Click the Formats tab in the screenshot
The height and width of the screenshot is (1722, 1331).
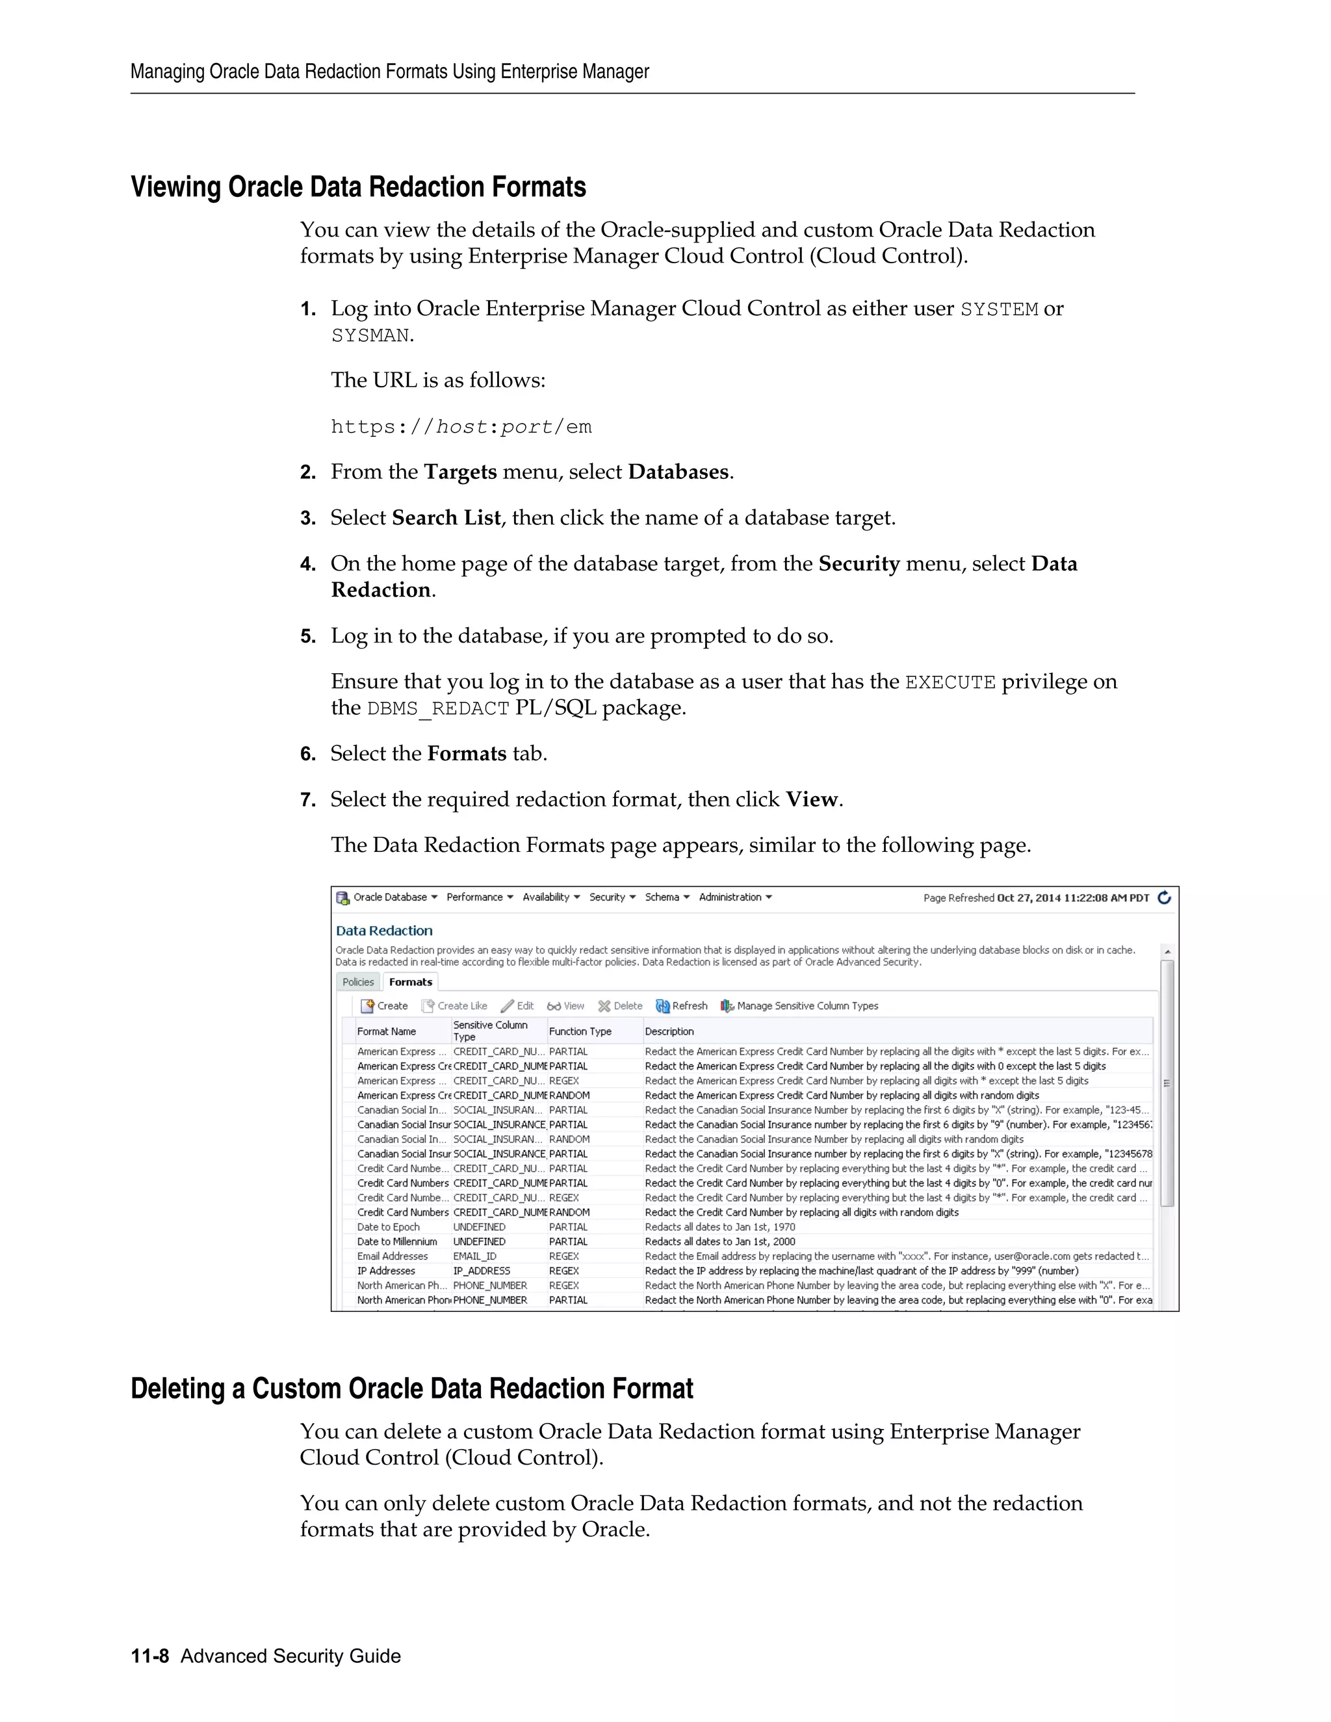click(x=410, y=982)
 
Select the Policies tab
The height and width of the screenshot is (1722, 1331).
click(x=358, y=982)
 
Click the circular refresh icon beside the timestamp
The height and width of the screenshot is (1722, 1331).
click(x=1164, y=897)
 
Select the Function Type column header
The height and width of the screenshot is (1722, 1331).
click(x=580, y=1031)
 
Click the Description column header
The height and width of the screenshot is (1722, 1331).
click(x=669, y=1031)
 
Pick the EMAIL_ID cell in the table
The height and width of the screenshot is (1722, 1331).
click(x=474, y=1256)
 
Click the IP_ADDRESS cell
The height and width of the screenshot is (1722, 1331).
click(x=481, y=1271)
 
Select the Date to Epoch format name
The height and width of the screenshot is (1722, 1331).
click(x=388, y=1227)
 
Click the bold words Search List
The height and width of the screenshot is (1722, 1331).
click(x=446, y=518)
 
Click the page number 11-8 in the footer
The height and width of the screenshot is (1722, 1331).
click(x=150, y=1656)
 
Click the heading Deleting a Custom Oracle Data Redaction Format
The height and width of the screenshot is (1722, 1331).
click(x=411, y=1389)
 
